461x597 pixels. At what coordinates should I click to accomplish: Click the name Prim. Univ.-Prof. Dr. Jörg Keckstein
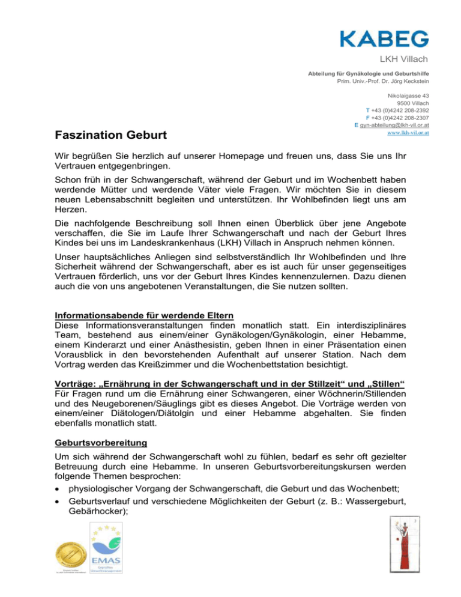384,81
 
